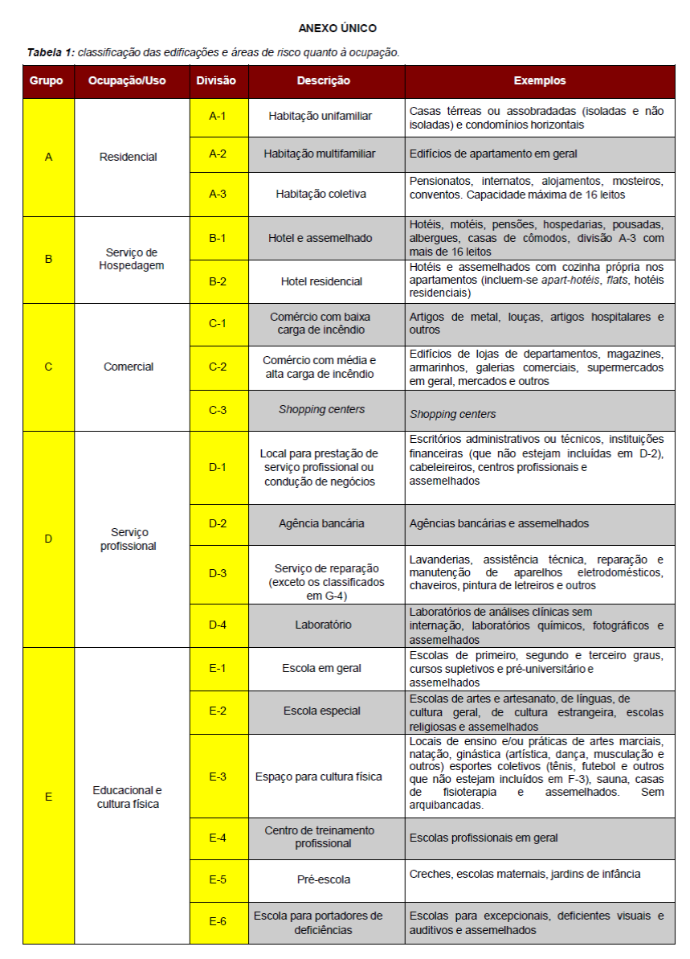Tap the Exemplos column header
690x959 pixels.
tap(539, 81)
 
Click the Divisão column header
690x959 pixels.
tap(217, 81)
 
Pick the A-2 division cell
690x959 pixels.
tap(218, 154)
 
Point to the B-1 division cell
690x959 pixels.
tap(218, 238)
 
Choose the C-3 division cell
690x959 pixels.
tap(218, 410)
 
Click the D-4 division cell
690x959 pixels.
tap(218, 625)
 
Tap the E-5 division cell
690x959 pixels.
tap(218, 879)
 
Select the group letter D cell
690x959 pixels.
tap(48, 539)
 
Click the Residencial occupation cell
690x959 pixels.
tap(129, 158)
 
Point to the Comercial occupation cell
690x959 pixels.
tap(129, 367)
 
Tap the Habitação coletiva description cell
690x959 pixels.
tap(321, 194)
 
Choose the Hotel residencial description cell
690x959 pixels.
tap(321, 281)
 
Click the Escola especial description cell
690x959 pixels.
tap(321, 711)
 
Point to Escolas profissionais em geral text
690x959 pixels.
tap(484, 838)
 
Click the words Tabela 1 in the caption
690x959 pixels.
tap(51, 53)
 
